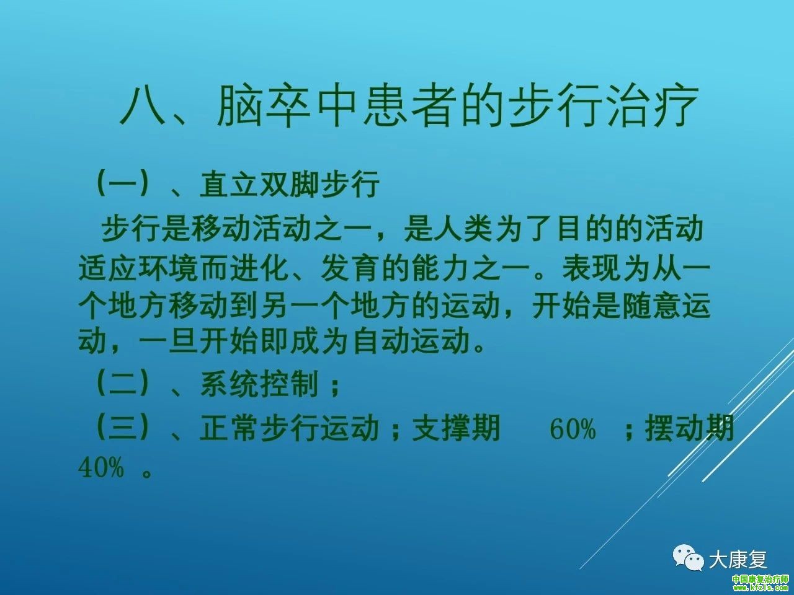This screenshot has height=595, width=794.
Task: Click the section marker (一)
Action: [123, 184]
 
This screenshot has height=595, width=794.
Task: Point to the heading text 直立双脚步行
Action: [290, 184]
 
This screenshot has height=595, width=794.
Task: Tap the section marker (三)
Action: [123, 428]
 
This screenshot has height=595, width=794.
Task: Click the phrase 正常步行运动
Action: [290, 429]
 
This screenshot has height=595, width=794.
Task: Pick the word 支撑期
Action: [457, 429]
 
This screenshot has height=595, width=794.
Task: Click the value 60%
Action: [573, 430]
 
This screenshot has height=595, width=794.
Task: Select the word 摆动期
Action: [690, 429]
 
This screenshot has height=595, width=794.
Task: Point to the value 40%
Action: [101, 468]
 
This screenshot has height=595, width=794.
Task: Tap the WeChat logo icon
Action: [688, 558]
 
